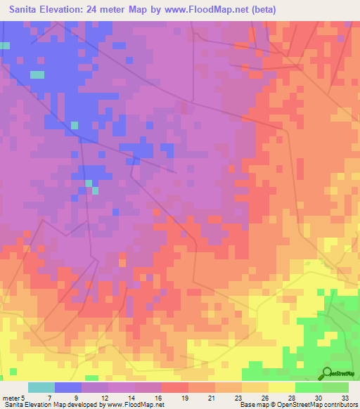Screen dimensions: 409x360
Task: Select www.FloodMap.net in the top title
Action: point(210,10)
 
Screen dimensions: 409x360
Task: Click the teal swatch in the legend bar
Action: point(41,387)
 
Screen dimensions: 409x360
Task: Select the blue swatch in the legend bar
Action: point(68,387)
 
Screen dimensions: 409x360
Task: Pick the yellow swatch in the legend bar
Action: point(282,387)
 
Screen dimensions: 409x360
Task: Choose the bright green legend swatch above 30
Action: point(309,387)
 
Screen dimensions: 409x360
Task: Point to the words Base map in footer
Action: point(252,405)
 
